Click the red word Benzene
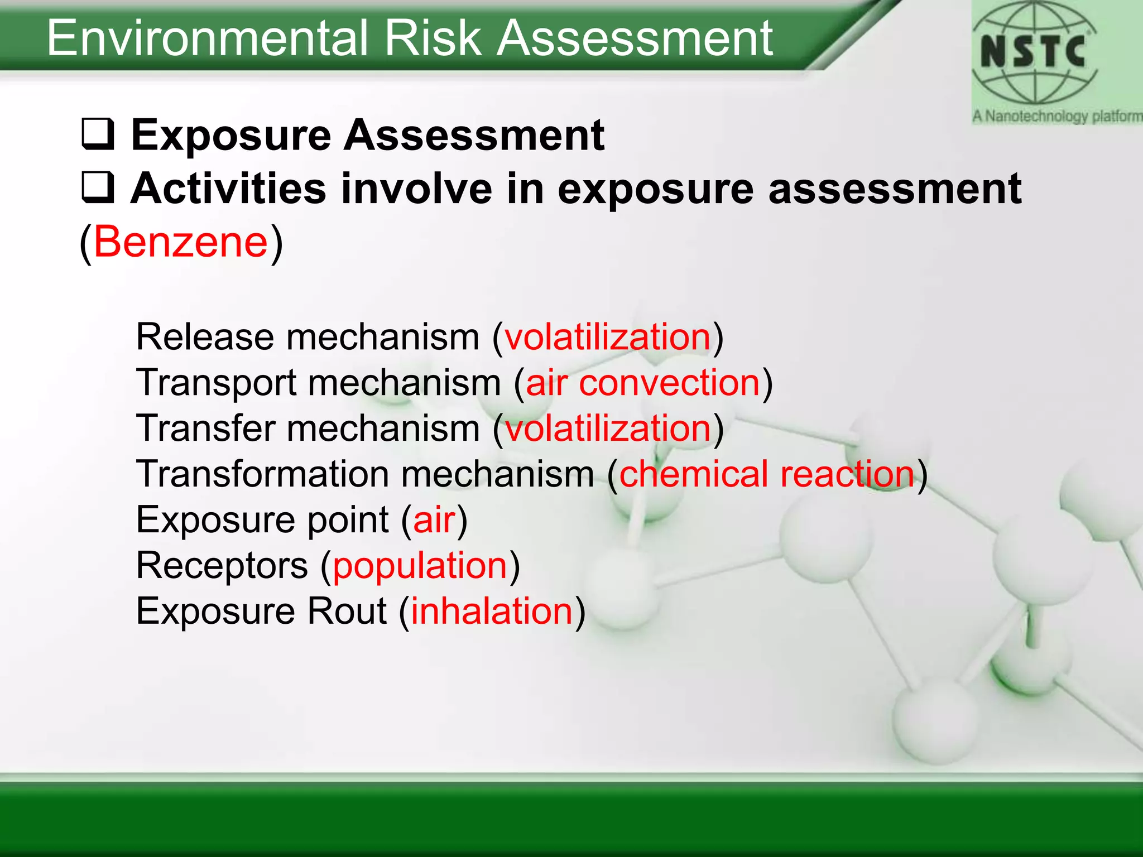tap(181, 242)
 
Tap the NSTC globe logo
tap(1034, 53)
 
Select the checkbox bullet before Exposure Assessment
tap(98, 134)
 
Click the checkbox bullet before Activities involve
tap(98, 187)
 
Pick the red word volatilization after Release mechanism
tap(608, 337)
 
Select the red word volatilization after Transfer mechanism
tap(608, 428)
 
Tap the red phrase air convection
tap(643, 383)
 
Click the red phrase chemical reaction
tap(767, 474)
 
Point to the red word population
tap(420, 566)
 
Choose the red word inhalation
tap(492, 611)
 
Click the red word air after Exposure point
tap(434, 520)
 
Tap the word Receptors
tap(222, 566)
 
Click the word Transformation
tap(262, 474)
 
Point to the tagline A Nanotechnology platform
tap(1056, 117)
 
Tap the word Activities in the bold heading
tap(228, 189)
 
